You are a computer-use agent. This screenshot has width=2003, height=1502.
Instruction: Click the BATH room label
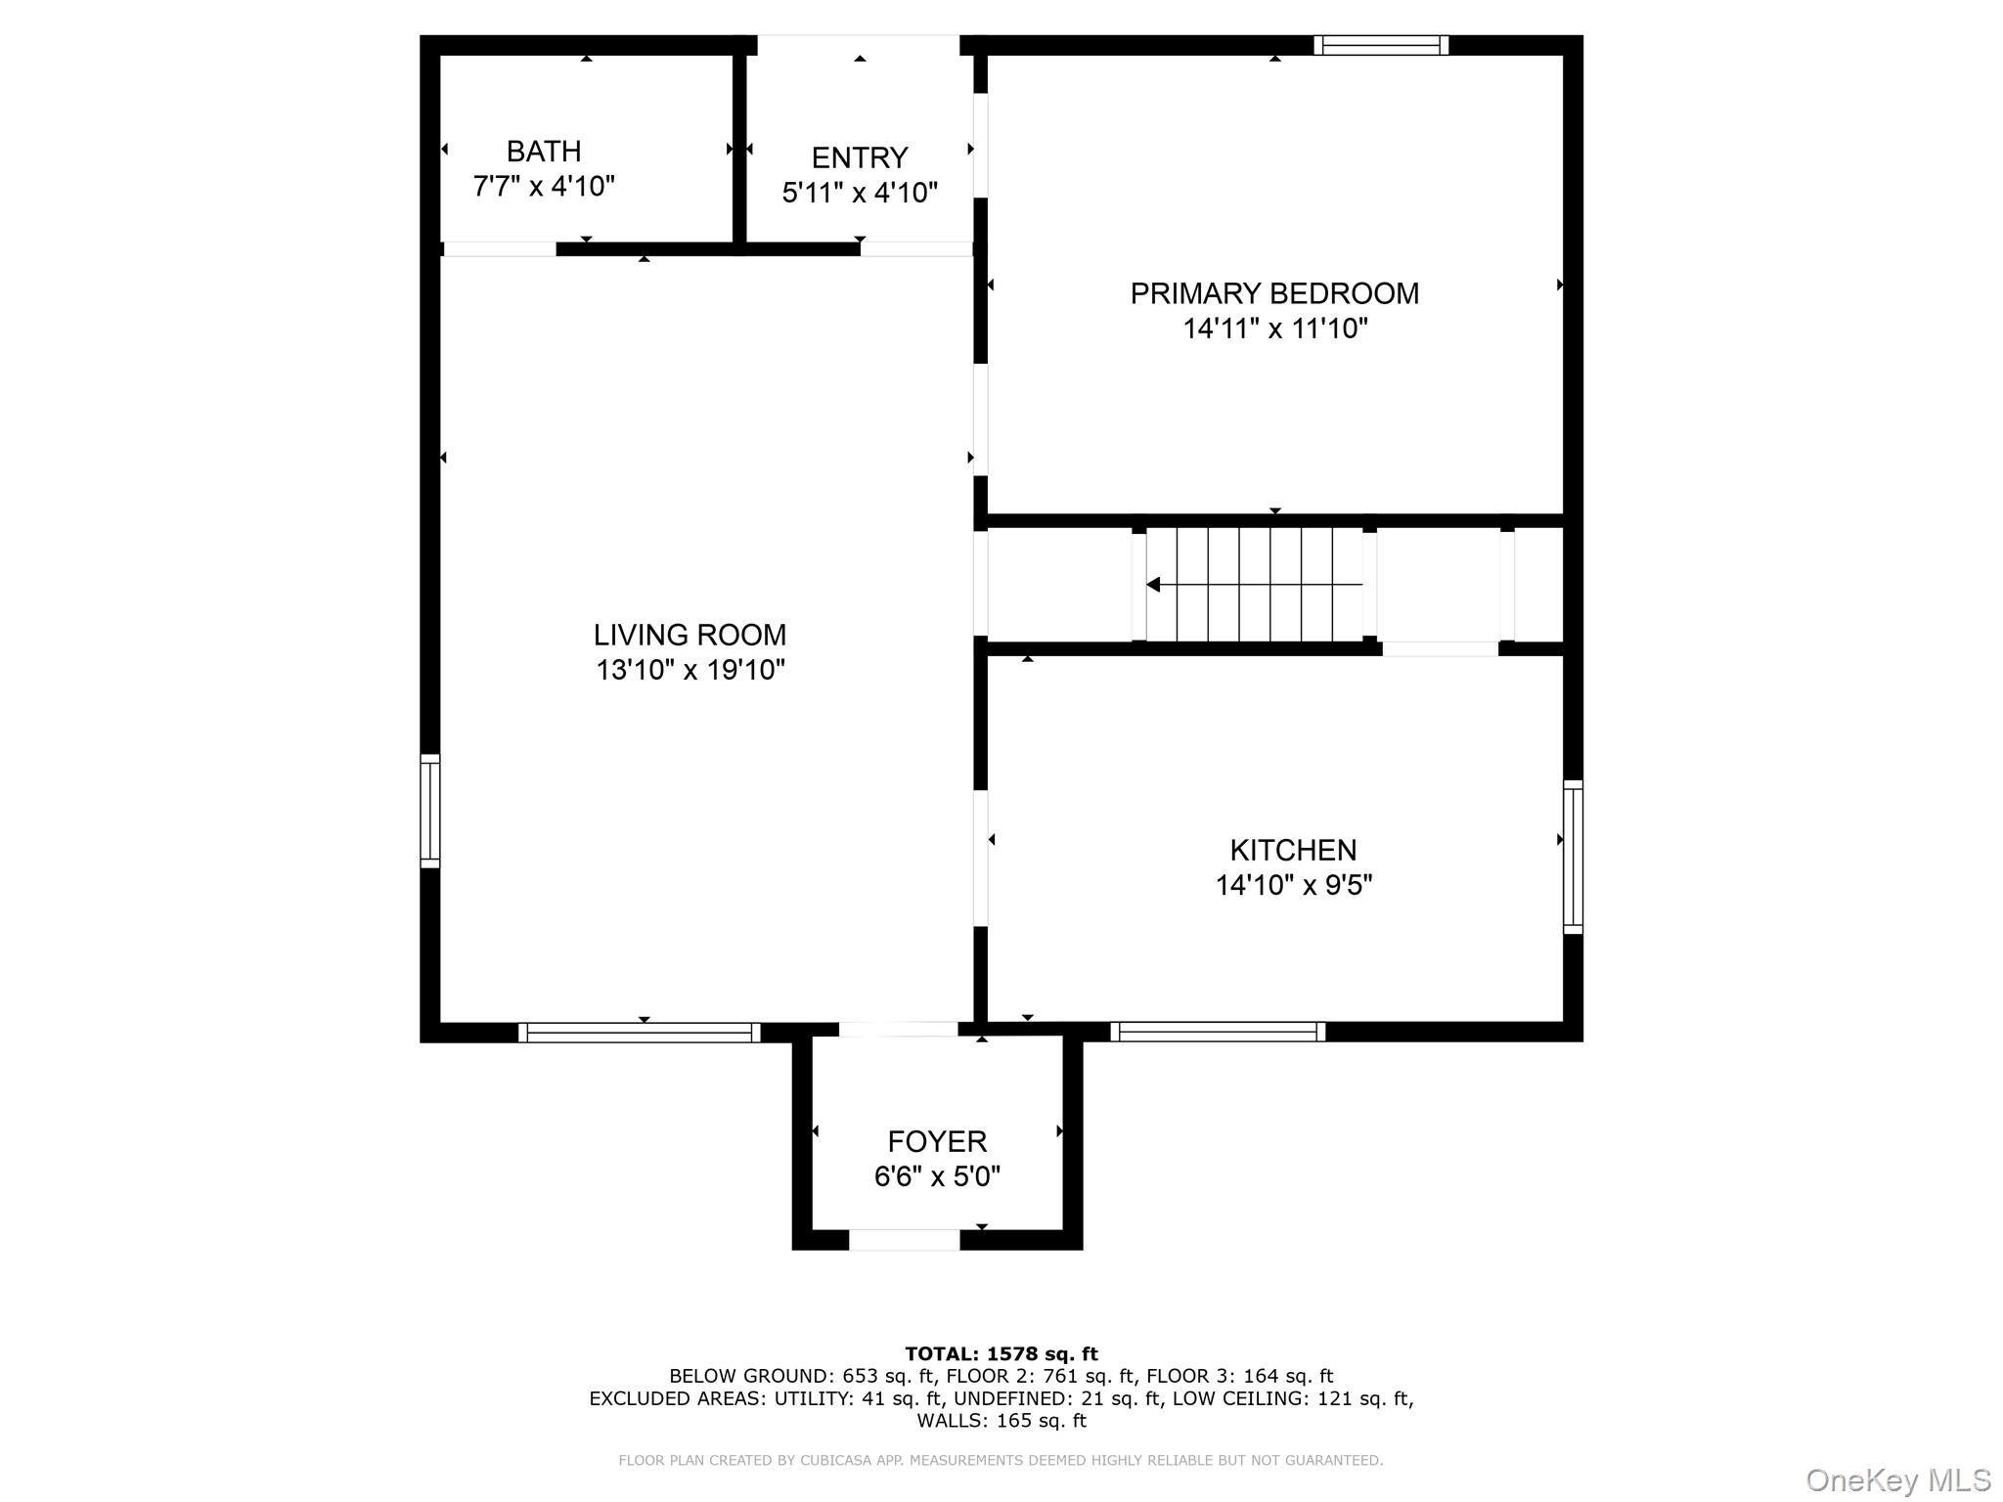pos(544,152)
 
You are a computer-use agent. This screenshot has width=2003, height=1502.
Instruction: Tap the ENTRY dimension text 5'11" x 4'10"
pos(860,193)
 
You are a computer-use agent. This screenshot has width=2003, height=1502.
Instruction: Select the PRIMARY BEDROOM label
pos(1274,293)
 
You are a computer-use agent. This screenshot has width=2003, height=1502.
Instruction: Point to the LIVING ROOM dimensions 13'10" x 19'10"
pos(690,670)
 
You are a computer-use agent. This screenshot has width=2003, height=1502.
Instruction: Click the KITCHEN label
pos(1293,850)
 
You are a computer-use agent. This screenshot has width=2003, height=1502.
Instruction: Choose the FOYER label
pos(937,1141)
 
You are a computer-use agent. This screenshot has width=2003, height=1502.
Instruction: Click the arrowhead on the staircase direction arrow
pos(1154,585)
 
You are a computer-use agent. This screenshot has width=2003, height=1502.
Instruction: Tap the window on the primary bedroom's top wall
pos(1381,45)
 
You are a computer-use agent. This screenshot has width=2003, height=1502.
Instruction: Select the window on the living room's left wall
pos(430,811)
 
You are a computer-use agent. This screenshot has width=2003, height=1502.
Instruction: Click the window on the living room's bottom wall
pos(640,1032)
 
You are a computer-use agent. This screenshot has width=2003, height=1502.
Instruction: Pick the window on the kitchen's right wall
pos(1573,857)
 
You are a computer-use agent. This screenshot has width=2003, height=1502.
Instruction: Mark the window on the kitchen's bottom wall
pos(1218,1031)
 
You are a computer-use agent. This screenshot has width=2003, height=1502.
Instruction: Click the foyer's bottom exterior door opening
pos(904,1240)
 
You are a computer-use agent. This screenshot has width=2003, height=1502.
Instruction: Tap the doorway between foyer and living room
pos(898,1029)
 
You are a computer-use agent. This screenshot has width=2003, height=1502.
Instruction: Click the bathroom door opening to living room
pos(500,249)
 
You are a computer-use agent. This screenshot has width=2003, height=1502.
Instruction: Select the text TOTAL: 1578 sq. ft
pos(1001,1354)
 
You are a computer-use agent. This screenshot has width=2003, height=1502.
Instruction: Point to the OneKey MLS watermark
pos(1898,1480)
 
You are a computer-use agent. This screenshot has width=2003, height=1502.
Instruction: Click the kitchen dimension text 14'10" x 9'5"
pos(1293,885)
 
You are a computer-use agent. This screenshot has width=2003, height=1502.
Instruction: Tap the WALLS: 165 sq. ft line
pos(1001,1421)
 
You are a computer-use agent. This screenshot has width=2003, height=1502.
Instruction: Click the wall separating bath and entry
pos(740,147)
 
